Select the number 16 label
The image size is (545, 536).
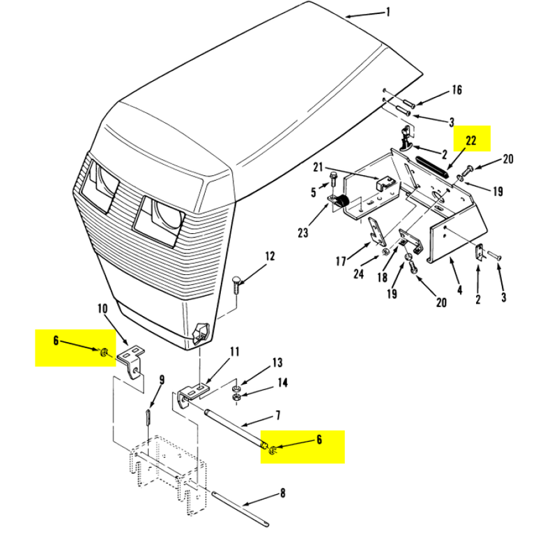456,89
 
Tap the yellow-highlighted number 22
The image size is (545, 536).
471,140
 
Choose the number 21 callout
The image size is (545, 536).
318,167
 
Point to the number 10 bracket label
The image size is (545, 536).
102,308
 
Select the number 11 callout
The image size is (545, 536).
234,350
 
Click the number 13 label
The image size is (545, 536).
277,363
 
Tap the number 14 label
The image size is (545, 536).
282,382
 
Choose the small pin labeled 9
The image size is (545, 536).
148,419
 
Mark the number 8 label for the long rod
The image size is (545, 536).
282,493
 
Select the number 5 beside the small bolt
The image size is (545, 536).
313,190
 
